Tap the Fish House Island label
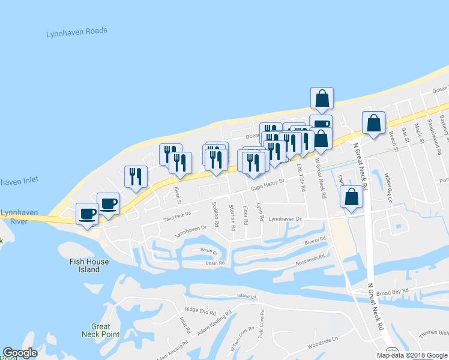tap(89, 265)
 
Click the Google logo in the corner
tap(20, 353)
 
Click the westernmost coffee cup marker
tap(87, 214)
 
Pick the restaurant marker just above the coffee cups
tap(136, 176)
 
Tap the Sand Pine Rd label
tap(177, 214)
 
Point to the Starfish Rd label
tap(232, 214)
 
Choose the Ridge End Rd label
tap(200, 311)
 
